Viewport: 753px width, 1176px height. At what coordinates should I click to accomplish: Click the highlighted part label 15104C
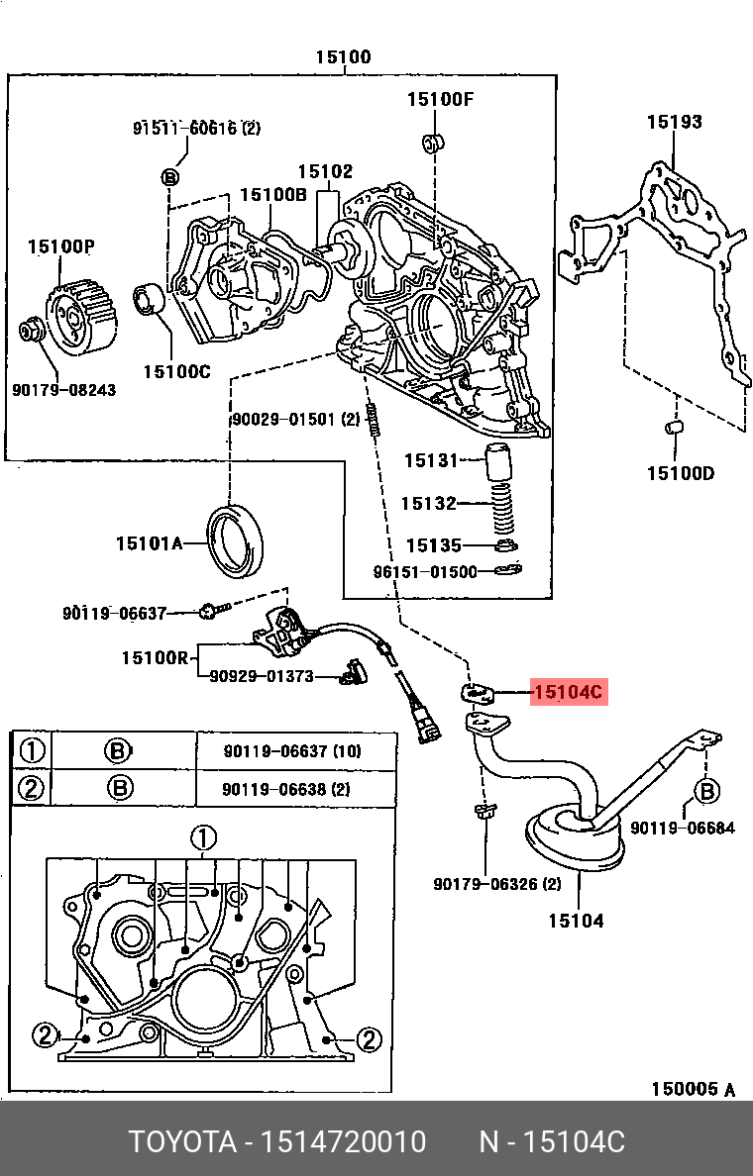coord(569,691)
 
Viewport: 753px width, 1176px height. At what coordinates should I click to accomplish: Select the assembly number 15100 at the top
coord(343,57)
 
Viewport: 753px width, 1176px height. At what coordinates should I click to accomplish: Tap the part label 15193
coord(674,122)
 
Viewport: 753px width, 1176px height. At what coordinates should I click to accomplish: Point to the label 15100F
coord(440,99)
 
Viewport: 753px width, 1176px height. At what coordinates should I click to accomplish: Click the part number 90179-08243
coord(63,389)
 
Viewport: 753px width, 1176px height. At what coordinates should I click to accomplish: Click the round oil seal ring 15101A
coord(236,542)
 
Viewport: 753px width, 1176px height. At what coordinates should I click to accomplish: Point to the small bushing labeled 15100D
coord(674,429)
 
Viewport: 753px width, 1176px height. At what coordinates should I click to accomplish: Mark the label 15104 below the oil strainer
coord(576,920)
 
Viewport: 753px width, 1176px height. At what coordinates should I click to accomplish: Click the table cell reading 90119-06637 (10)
coord(292,750)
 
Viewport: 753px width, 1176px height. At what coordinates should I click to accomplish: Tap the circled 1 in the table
coord(33,750)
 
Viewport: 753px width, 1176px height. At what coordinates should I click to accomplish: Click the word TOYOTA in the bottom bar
coord(183,1141)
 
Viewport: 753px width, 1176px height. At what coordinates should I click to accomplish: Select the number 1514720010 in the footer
coord(343,1141)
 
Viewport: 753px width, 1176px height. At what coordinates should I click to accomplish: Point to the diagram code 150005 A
coord(693,1088)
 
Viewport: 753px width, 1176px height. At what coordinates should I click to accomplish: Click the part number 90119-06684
coord(683,828)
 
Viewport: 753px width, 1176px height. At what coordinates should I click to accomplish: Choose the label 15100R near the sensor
coord(156,657)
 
